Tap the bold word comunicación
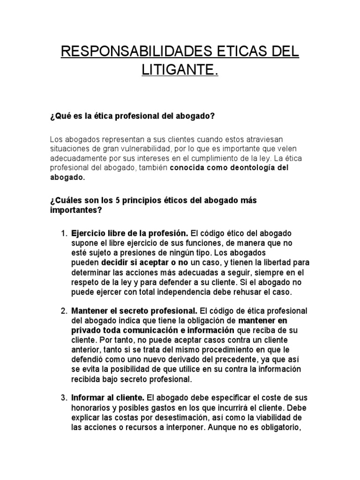pos(144,330)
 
